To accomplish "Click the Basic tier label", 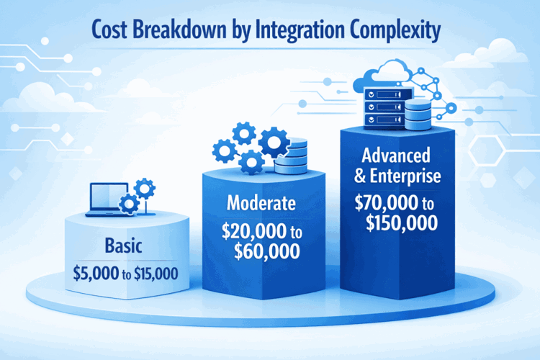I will click(x=122, y=246).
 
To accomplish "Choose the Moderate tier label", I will click(x=261, y=204).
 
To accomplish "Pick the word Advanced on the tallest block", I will click(x=397, y=156).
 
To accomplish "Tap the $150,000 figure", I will click(x=401, y=224).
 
